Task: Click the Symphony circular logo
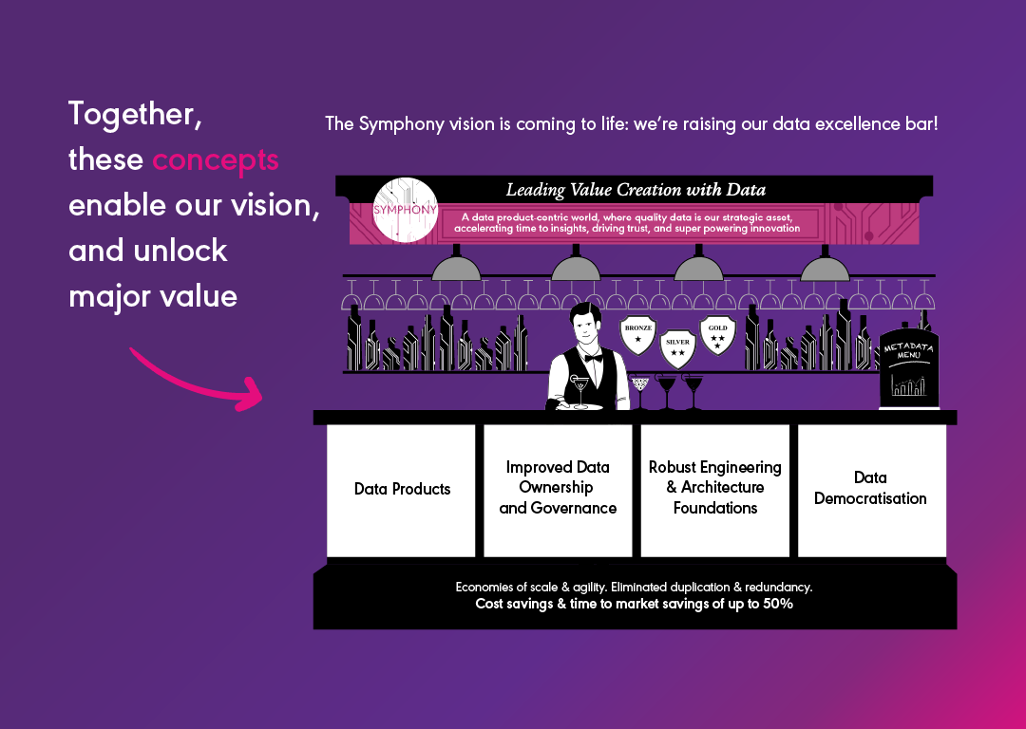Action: pyautogui.click(x=406, y=208)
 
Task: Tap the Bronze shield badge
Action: pyautogui.click(x=637, y=333)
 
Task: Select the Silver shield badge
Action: pyautogui.click(x=677, y=347)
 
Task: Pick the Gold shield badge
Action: pyautogui.click(x=717, y=333)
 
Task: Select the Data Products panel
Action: pyautogui.click(x=401, y=490)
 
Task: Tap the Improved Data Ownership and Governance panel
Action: pyautogui.click(x=558, y=490)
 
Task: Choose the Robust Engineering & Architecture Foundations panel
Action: pyautogui.click(x=714, y=490)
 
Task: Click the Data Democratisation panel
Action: pyautogui.click(x=871, y=490)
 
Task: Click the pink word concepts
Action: pyautogui.click(x=216, y=159)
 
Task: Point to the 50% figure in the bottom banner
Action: pyautogui.click(x=775, y=604)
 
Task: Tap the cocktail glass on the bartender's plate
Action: pyautogui.click(x=579, y=389)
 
